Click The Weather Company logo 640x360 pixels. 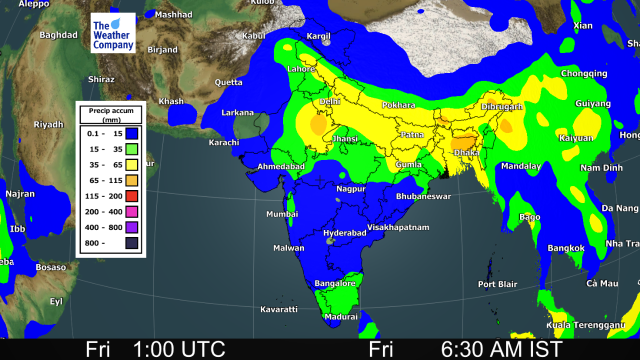pos(113,33)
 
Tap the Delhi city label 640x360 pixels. pos(330,101)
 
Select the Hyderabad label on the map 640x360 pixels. pos(345,233)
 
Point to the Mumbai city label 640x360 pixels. pos(282,214)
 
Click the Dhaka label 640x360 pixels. pos(466,153)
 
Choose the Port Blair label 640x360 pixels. pos(497,284)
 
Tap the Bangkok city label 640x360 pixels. pos(566,248)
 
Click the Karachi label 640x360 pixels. pos(224,142)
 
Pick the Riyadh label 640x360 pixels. pos(48,124)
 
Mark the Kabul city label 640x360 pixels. pos(253,36)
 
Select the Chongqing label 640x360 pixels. pos(584,73)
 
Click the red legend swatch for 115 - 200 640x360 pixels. pos(131,196)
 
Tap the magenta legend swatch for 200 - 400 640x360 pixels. pos(131,211)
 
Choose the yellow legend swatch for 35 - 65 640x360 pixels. pos(131,164)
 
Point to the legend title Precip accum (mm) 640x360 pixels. pos(111,115)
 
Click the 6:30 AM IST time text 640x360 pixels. pos(501,349)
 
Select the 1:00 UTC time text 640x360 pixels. pos(179,349)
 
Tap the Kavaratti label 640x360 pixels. pos(279,309)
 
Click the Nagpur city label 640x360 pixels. pos(351,189)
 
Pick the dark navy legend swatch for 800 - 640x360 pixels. pos(131,243)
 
